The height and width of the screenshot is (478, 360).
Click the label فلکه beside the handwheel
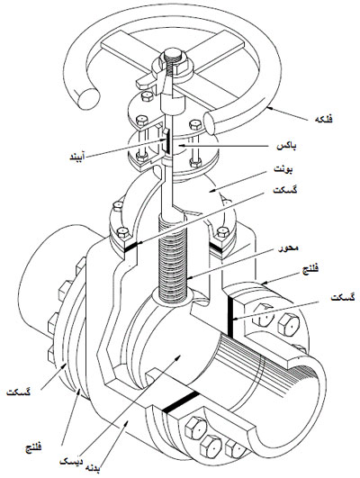pyautogui.click(x=323, y=119)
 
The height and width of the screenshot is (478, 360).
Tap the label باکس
pyautogui.click(x=286, y=147)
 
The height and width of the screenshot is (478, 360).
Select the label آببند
pyautogui.click(x=76, y=158)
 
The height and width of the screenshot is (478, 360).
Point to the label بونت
pyautogui.click(x=283, y=169)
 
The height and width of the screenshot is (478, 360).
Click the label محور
pyautogui.click(x=288, y=248)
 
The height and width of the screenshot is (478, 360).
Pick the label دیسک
pyautogui.click(x=71, y=462)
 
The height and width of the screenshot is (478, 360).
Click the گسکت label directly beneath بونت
pyautogui.click(x=285, y=191)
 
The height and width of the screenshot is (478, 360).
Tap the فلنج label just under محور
pyautogui.click(x=310, y=269)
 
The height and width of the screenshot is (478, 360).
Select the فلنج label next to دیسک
pyautogui.click(x=33, y=447)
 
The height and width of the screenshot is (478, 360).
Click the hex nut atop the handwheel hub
pyautogui.click(x=173, y=57)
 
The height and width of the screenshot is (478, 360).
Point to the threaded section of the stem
pyautogui.click(x=172, y=258)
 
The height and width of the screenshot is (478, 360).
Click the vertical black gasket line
pyautogui.click(x=230, y=318)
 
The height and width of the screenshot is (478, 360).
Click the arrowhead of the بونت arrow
pyautogui.click(x=211, y=191)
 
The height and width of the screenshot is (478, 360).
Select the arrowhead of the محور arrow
pyautogui.click(x=189, y=277)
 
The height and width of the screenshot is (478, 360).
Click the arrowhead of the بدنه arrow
pyautogui.click(x=126, y=422)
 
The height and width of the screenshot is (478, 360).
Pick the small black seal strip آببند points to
pyautogui.click(x=167, y=140)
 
